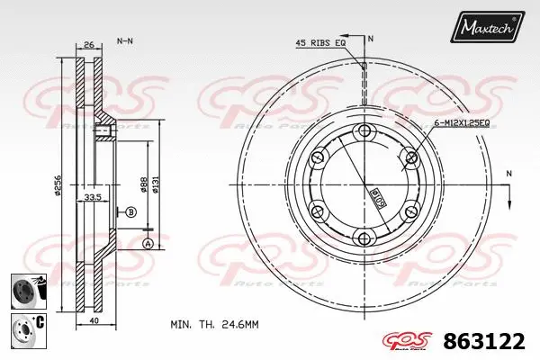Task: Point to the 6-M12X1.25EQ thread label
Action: (x=460, y=122)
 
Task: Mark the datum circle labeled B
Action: (x=130, y=212)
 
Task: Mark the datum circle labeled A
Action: (x=148, y=244)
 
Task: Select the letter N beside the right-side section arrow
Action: (x=510, y=173)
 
